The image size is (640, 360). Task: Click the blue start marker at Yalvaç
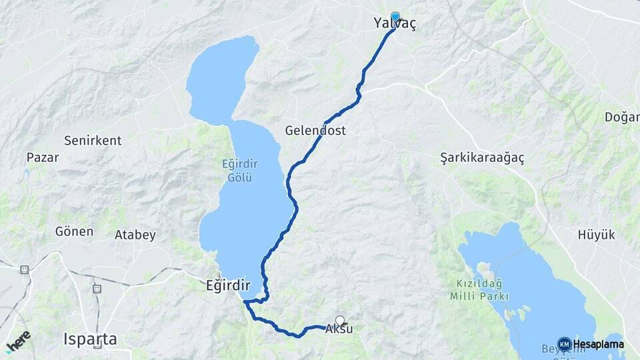pyautogui.click(x=395, y=17)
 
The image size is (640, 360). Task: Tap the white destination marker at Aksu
pyautogui.click(x=340, y=320)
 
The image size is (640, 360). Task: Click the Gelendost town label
pyautogui.click(x=315, y=131)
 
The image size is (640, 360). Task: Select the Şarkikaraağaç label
pyautogui.click(x=483, y=158)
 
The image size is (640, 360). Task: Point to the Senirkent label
pyautogui.click(x=93, y=141)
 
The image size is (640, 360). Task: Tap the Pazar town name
pyautogui.click(x=43, y=158)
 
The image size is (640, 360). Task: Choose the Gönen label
pyautogui.click(x=75, y=232)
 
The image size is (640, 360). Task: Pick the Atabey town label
pyautogui.click(x=135, y=235)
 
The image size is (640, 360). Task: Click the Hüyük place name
pyautogui.click(x=597, y=235)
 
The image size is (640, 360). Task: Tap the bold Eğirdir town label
pyautogui.click(x=228, y=285)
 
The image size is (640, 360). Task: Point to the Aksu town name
pyautogui.click(x=339, y=329)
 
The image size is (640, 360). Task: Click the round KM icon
pyautogui.click(x=564, y=344)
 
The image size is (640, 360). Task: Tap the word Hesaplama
pyautogui.click(x=598, y=344)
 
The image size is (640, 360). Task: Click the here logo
pyautogui.click(x=18, y=341)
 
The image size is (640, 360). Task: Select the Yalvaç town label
pyautogui.click(x=395, y=24)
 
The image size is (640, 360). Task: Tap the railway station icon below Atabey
pyautogui.click(x=97, y=289)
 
